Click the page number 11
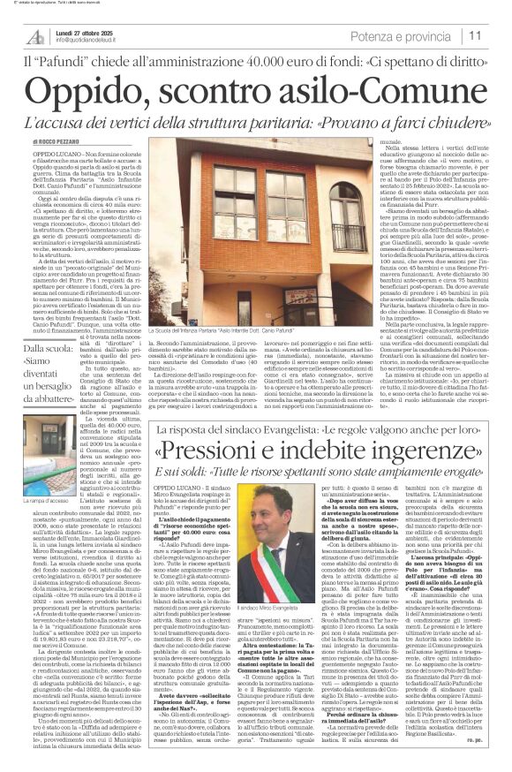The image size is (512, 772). point(499,35)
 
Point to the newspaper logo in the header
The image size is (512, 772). point(34,35)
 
